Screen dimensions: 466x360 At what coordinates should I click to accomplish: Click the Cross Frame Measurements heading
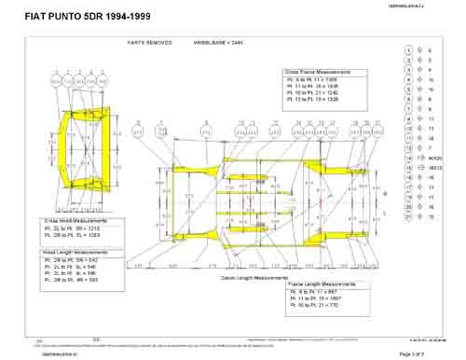click(323, 71)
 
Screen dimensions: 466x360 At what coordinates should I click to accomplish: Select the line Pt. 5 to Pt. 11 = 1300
click(314, 80)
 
